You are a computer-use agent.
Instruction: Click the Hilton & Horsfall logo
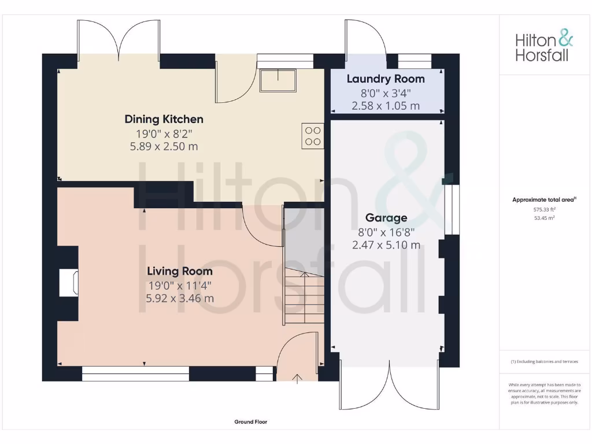click(544, 47)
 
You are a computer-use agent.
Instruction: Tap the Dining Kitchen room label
click(164, 120)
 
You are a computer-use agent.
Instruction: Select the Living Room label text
click(180, 271)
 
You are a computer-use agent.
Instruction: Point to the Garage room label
click(386, 218)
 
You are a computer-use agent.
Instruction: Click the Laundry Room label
click(386, 79)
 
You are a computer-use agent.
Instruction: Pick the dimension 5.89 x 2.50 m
click(164, 147)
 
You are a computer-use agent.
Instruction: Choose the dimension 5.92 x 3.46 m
click(180, 298)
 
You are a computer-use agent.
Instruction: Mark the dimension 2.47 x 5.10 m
click(386, 245)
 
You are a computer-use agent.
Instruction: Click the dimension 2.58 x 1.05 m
click(386, 106)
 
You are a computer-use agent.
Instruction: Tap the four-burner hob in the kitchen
click(313, 136)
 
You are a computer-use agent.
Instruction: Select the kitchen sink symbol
click(278, 81)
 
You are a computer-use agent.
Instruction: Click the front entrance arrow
click(298, 379)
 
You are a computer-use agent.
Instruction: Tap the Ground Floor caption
click(251, 422)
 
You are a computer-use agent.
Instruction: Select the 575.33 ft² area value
click(544, 210)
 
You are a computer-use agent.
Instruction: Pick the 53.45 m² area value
click(544, 218)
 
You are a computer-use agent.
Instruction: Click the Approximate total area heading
click(544, 199)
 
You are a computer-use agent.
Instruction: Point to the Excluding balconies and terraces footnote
click(544, 362)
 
